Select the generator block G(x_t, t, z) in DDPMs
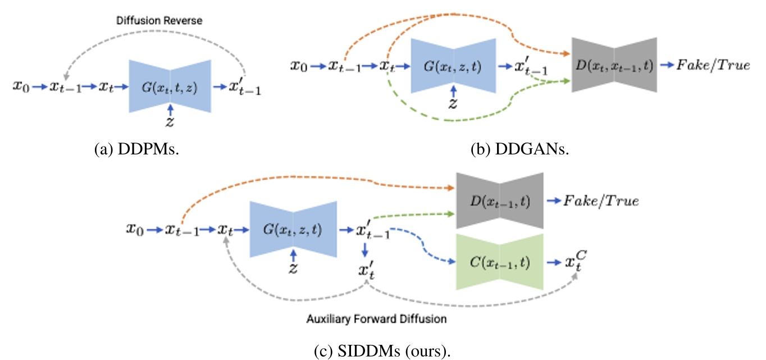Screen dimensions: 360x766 coord(170,87)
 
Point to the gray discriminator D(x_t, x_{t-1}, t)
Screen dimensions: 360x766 coord(614,65)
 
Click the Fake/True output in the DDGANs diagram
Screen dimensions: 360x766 coord(713,65)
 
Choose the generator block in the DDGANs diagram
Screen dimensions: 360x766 coord(453,66)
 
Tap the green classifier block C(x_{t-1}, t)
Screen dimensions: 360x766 coord(500,262)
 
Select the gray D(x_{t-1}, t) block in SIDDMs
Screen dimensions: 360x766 coord(500,200)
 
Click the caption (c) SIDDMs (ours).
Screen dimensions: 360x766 coord(382,352)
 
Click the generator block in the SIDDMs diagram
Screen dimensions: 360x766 coord(293,230)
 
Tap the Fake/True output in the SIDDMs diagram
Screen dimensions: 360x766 coord(601,200)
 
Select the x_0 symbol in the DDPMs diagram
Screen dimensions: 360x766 coord(21,87)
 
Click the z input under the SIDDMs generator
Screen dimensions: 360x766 coord(293,268)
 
